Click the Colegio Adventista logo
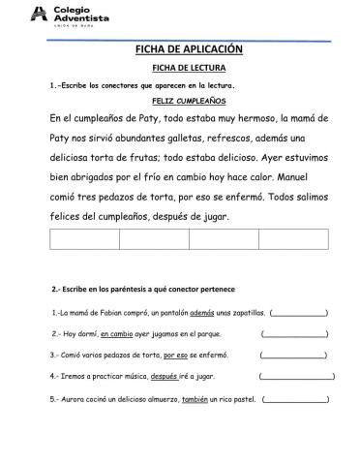pos(70,15)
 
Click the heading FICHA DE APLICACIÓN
pos(181,49)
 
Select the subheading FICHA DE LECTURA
pos(181,69)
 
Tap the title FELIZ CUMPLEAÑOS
pos(181,100)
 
